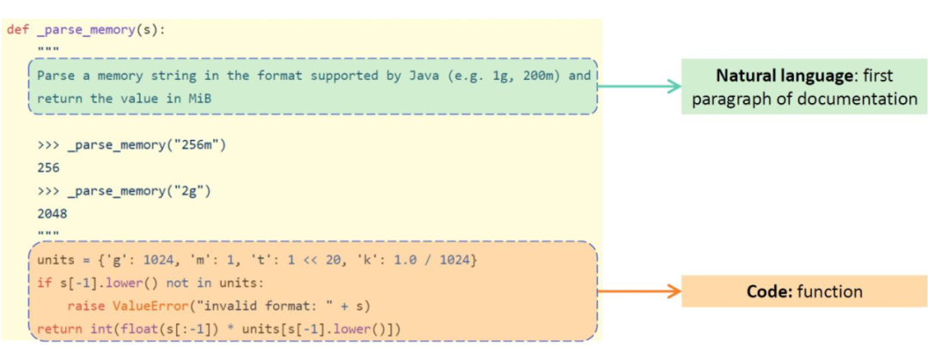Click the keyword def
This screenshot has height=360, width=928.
(18, 29)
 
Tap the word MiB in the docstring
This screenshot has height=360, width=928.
(198, 98)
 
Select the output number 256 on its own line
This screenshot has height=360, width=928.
(49, 168)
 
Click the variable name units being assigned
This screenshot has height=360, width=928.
(56, 259)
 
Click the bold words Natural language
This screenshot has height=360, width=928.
(785, 76)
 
